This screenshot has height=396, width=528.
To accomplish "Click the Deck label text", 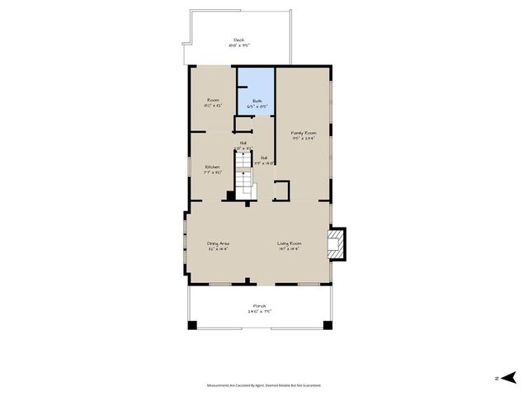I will pos(238,39).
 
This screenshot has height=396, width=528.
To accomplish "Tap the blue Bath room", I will pos(256,92).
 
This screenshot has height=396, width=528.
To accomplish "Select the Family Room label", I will pos(304,133).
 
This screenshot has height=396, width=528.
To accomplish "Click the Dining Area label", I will pos(218,243).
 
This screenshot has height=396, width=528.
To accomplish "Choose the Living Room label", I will pos(289,243).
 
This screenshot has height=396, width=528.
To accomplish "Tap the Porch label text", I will pos(259,306).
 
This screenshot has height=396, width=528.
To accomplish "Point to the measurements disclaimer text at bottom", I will pos(263,384).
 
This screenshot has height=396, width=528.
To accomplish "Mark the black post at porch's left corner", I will pos(192,325).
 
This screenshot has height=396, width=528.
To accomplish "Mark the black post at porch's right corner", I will pos(326,325).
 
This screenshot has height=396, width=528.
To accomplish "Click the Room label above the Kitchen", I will pos(212,100).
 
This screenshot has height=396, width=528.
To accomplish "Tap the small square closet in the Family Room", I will pos(281,190).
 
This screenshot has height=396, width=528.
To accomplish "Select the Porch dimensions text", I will pos(259,312).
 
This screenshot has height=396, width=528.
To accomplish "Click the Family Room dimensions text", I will pos(304,139).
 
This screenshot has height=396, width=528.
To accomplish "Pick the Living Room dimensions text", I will pos(289,248).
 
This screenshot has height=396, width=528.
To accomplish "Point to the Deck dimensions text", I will pos(238,45).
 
